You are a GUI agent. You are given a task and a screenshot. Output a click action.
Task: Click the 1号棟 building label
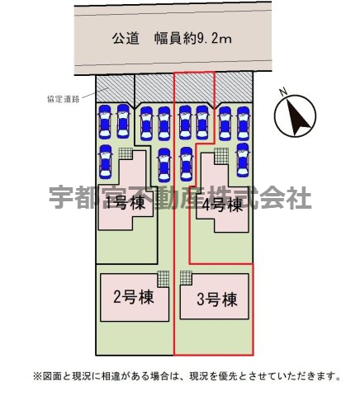click(126, 204)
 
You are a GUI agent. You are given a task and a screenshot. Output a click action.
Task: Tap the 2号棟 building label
click(134, 297)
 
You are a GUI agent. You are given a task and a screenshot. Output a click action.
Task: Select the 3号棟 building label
click(217, 299)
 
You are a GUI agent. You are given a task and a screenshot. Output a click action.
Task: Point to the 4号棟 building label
click(222, 205)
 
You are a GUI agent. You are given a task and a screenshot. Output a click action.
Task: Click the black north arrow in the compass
click(298, 117)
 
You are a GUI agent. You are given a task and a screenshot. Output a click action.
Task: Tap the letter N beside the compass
click(283, 92)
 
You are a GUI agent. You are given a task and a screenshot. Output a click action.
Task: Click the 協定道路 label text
click(64, 99)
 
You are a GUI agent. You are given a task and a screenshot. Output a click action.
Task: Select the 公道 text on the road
click(126, 39)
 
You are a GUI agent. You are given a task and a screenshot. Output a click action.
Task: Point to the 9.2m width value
click(215, 39)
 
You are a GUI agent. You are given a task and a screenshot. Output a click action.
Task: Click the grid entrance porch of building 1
click(126, 153)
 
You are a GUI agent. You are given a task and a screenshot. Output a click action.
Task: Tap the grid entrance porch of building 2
click(163, 280)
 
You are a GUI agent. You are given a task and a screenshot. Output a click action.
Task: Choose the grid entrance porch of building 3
click(186, 279)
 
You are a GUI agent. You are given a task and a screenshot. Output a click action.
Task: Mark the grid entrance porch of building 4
click(221, 156)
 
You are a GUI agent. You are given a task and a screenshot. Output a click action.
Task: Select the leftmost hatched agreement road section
click(115, 88)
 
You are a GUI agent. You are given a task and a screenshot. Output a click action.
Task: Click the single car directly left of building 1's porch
click(105, 161)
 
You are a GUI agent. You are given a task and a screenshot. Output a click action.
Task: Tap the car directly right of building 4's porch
click(243, 160)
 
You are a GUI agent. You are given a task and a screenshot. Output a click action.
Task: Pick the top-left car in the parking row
click(105, 121)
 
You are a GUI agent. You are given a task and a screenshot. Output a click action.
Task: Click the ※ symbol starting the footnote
click(37, 375)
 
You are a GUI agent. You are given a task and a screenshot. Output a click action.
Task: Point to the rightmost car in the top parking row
click(243, 124)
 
